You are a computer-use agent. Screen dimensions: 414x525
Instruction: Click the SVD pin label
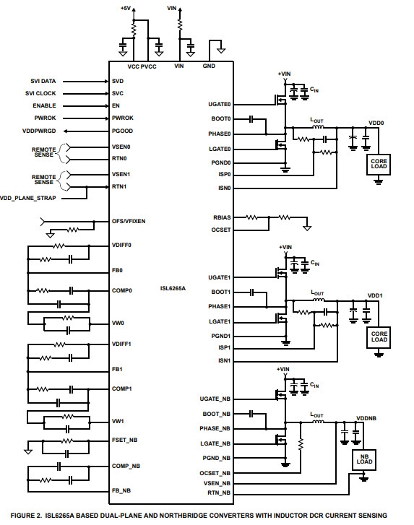tap(118, 81)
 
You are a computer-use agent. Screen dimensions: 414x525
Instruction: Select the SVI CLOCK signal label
tap(40, 93)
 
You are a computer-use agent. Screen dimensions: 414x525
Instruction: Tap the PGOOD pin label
tap(122, 131)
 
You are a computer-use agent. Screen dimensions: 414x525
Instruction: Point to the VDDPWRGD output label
tap(39, 131)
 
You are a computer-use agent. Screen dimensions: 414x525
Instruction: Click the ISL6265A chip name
tap(173, 288)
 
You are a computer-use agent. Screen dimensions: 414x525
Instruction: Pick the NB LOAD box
tap(364, 459)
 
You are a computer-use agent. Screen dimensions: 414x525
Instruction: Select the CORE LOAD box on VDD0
tap(379, 164)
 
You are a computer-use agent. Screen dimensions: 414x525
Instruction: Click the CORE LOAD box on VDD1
tap(379, 337)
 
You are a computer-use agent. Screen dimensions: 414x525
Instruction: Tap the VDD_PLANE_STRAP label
tap(28, 198)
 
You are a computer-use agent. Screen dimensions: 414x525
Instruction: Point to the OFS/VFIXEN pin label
tap(129, 221)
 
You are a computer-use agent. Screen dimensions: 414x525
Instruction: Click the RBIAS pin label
tap(222, 217)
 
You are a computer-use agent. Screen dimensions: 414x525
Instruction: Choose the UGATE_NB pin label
tap(215, 399)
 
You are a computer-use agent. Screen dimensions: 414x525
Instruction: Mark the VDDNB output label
tap(366, 419)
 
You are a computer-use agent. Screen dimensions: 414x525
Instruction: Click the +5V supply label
tap(126, 8)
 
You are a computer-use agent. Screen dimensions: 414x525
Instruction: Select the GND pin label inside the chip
tap(209, 66)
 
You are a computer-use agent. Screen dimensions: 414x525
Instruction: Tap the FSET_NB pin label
tap(124, 440)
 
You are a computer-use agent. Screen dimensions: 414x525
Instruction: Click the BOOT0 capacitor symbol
tap(251, 119)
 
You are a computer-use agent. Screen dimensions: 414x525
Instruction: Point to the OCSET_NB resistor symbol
tap(301, 444)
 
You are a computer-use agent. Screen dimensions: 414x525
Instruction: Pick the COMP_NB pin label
tap(126, 466)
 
